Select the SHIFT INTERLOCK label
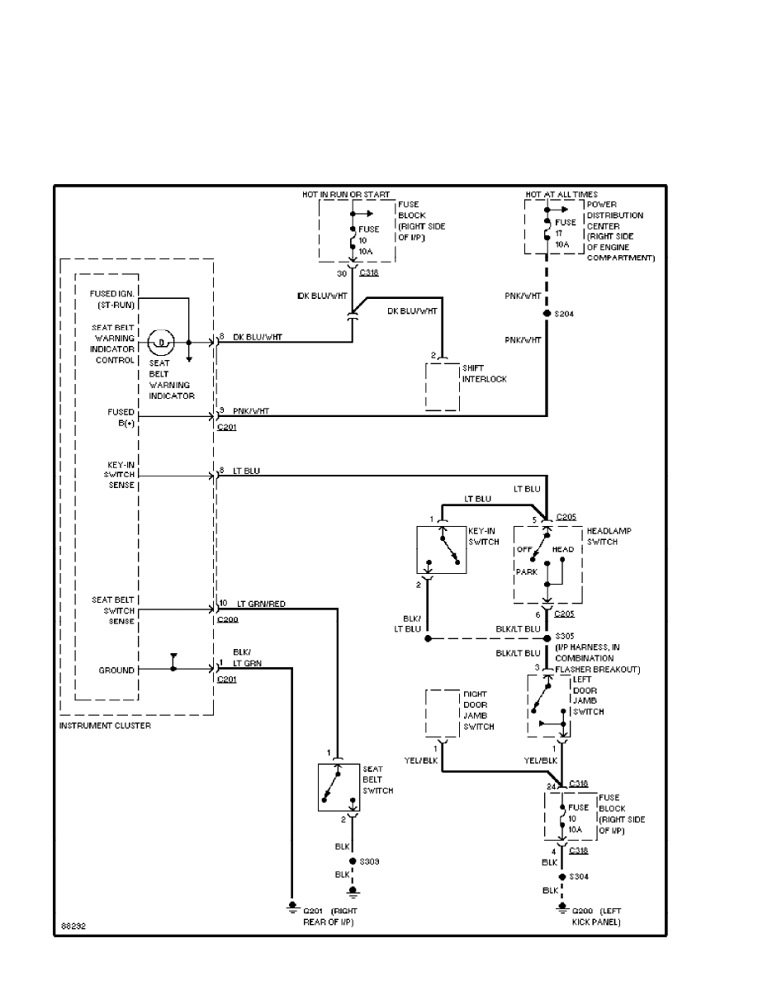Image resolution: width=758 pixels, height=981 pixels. [486, 374]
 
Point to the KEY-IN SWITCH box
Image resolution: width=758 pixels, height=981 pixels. [442, 549]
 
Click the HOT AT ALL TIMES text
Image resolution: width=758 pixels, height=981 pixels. [561, 195]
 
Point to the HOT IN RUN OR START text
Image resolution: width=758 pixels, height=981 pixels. [345, 195]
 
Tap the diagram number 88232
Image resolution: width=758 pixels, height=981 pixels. [73, 926]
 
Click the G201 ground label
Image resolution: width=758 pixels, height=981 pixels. [313, 910]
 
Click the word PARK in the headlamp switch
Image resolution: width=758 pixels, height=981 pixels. [527, 571]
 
